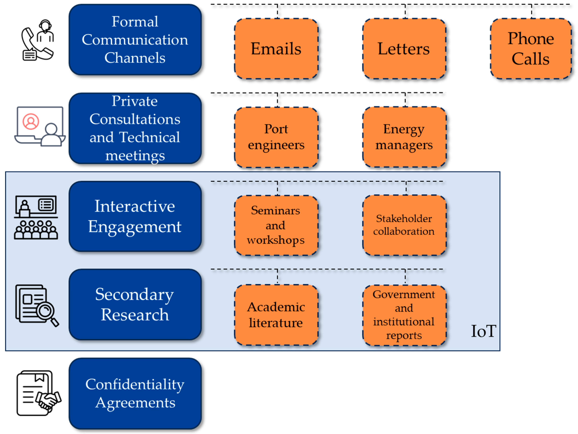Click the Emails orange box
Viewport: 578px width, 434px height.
click(276, 49)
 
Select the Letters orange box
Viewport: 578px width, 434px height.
click(404, 49)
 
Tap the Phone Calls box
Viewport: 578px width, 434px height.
click(531, 49)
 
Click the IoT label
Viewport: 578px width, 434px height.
click(483, 331)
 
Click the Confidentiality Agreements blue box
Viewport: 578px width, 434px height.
click(135, 393)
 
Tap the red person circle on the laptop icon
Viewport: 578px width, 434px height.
click(31, 122)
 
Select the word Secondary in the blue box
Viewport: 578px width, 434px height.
click(134, 295)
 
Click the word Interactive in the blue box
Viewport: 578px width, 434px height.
click(135, 206)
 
